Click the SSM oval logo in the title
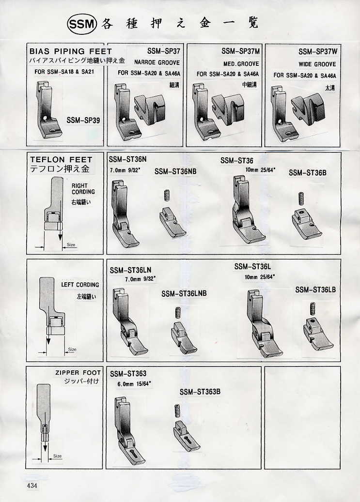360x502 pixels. (82, 25)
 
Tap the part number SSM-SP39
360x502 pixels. (83, 121)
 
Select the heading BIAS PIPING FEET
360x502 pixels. (71, 51)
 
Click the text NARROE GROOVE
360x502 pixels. (157, 62)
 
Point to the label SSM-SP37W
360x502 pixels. (318, 51)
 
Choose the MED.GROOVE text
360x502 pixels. (241, 64)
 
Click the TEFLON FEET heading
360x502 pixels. (61, 159)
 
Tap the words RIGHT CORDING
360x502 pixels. (83, 189)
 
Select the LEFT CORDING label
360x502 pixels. (80, 285)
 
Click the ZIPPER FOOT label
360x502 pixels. (78, 373)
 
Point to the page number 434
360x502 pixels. (32, 486)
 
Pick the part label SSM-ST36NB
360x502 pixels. (175, 171)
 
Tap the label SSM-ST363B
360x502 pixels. (200, 392)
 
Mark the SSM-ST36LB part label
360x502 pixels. (316, 290)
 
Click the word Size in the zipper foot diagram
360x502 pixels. (57, 456)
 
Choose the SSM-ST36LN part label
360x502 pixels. (130, 270)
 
